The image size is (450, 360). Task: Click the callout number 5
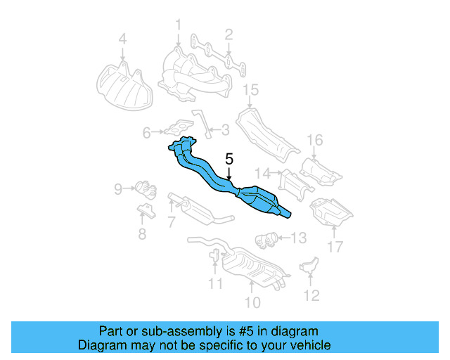[229, 160]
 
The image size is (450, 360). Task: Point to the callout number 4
[122, 40]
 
